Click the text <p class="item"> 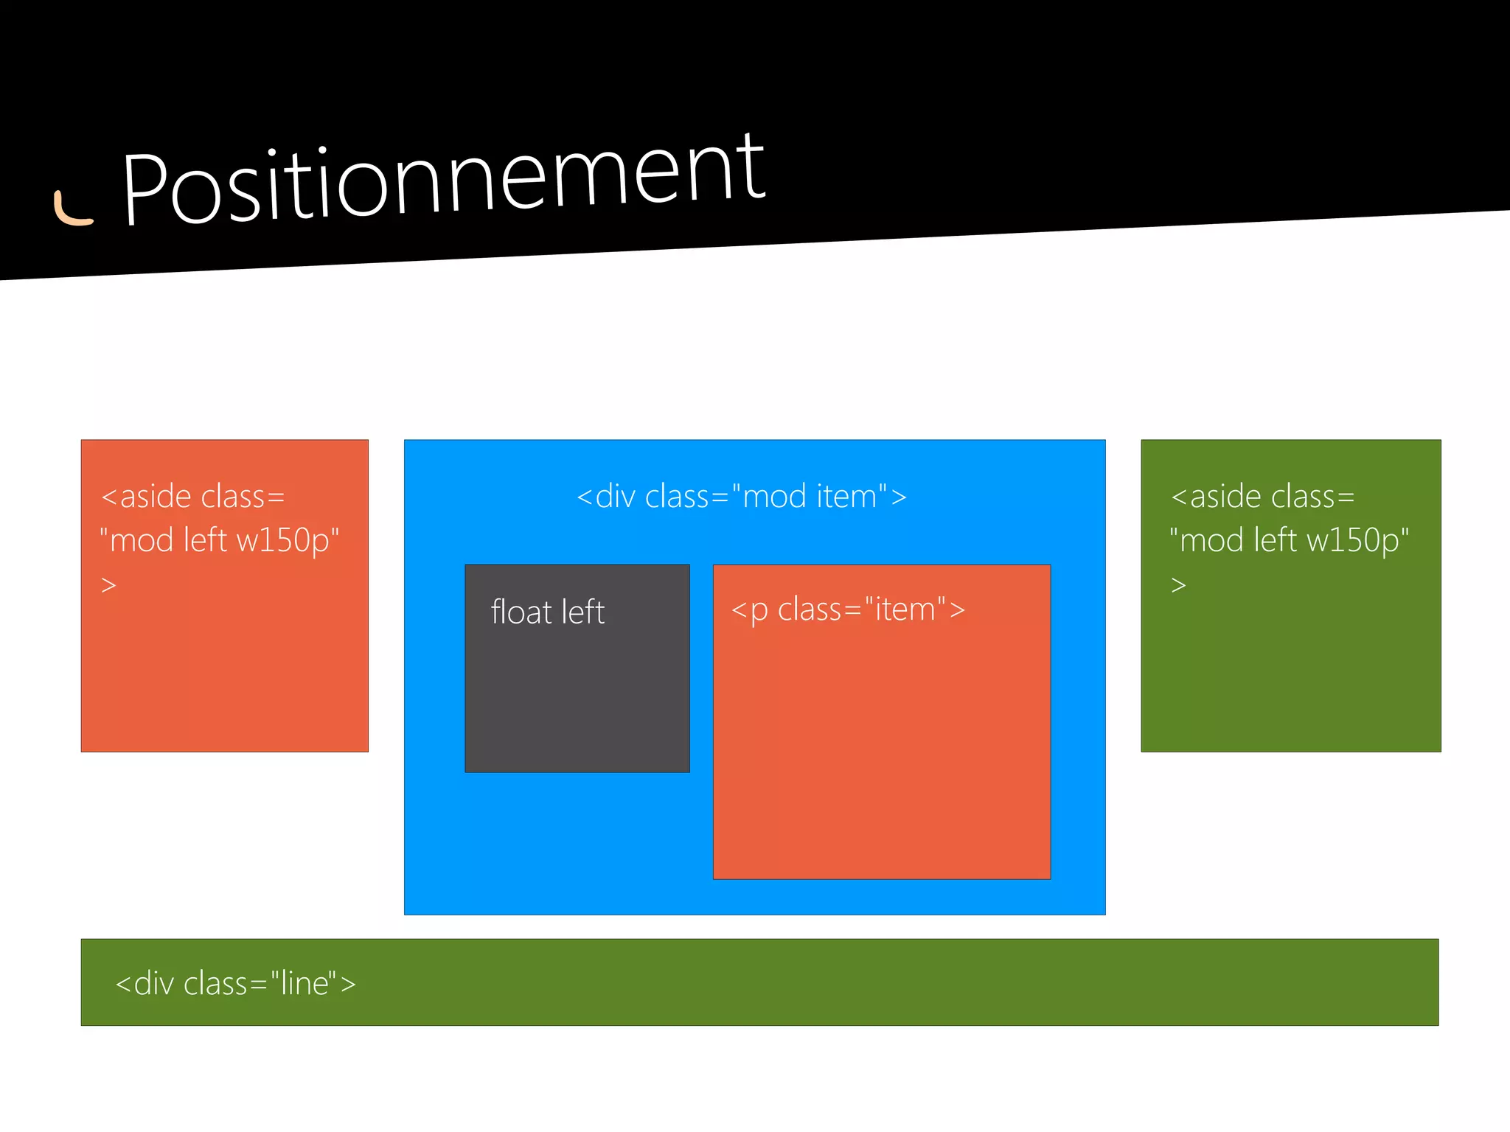pyautogui.click(x=848, y=609)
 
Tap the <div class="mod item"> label pyautogui.click(x=741, y=496)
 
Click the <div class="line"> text pyautogui.click(x=236, y=983)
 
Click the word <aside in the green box pyautogui.click(x=1215, y=496)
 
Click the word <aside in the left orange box pyautogui.click(x=145, y=496)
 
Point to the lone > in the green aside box pyautogui.click(x=1178, y=585)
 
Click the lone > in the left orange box pyautogui.click(x=108, y=585)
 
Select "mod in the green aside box pyautogui.click(x=1207, y=540)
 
